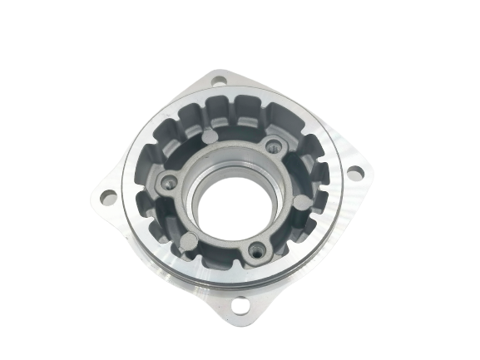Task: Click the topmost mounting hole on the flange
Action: pos(219,82)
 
